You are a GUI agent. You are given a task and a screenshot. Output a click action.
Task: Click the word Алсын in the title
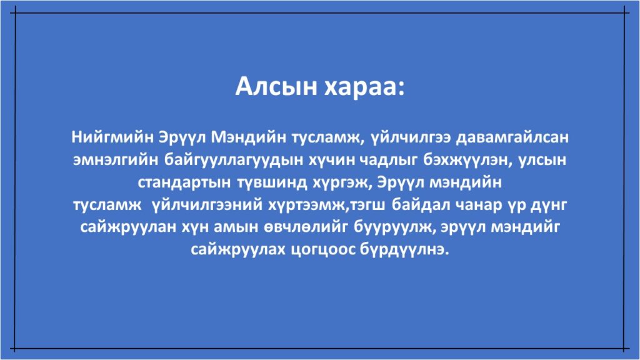(x=276, y=86)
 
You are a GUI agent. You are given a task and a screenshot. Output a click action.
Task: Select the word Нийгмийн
(x=112, y=137)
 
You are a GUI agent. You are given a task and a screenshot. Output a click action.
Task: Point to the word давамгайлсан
(x=512, y=137)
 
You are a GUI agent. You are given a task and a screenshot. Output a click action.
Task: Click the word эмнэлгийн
(x=115, y=159)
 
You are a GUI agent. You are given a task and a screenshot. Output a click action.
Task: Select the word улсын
(x=542, y=159)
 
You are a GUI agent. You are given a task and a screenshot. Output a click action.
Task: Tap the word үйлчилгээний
(x=207, y=205)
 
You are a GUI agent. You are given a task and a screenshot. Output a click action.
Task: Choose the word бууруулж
(x=395, y=227)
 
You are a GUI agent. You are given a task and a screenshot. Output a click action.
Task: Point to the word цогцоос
(x=323, y=250)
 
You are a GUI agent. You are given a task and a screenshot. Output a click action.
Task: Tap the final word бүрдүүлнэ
(x=404, y=249)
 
